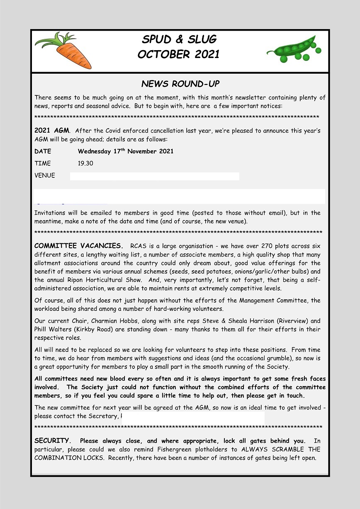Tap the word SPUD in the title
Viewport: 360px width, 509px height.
156,40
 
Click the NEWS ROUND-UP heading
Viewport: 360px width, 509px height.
180,84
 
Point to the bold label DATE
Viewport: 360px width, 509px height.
43,151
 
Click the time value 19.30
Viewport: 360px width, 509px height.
85,163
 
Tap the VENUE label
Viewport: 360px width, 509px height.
45,175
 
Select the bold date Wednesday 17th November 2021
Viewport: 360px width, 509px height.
125,151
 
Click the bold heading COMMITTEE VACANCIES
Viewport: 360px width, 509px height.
78,246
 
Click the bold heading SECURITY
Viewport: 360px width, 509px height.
52,441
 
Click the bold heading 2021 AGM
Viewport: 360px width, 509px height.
52,131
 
